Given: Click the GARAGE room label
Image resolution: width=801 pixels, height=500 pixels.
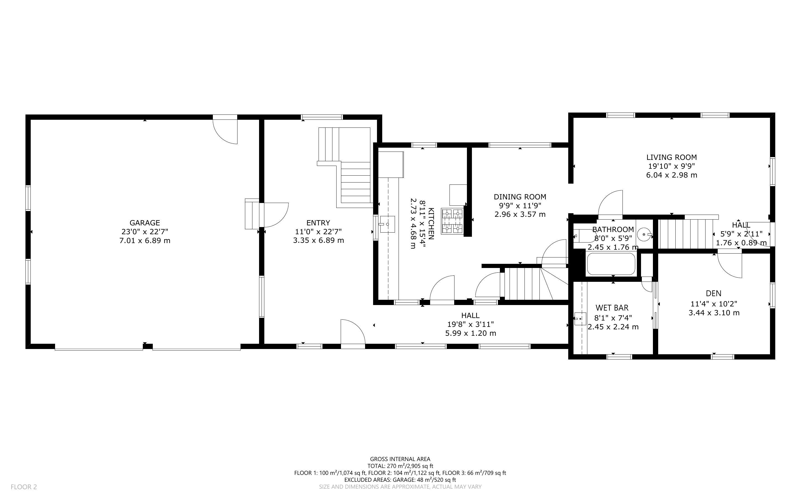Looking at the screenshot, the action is [144, 223].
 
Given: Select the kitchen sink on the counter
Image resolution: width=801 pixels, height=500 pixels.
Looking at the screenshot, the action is [387, 224].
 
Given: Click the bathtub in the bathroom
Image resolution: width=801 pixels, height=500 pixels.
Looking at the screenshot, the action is [610, 264].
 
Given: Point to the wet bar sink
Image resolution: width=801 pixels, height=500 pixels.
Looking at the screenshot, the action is [580, 319].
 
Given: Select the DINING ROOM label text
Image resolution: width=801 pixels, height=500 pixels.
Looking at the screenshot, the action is [520, 197].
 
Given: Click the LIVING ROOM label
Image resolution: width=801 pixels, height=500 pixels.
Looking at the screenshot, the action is [672, 157].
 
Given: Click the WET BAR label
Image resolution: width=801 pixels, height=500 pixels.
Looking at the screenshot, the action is [612, 308].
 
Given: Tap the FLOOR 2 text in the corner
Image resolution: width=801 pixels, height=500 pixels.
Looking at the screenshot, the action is [24, 487].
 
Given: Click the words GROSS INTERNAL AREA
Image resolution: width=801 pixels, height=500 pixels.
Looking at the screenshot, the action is [400, 459].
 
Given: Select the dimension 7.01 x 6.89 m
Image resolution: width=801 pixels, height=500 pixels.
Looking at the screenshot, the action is [144, 240].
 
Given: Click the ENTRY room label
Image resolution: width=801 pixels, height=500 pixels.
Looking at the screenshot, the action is [318, 223].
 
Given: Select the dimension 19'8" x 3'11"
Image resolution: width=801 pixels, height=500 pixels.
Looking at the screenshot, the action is [470, 324].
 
